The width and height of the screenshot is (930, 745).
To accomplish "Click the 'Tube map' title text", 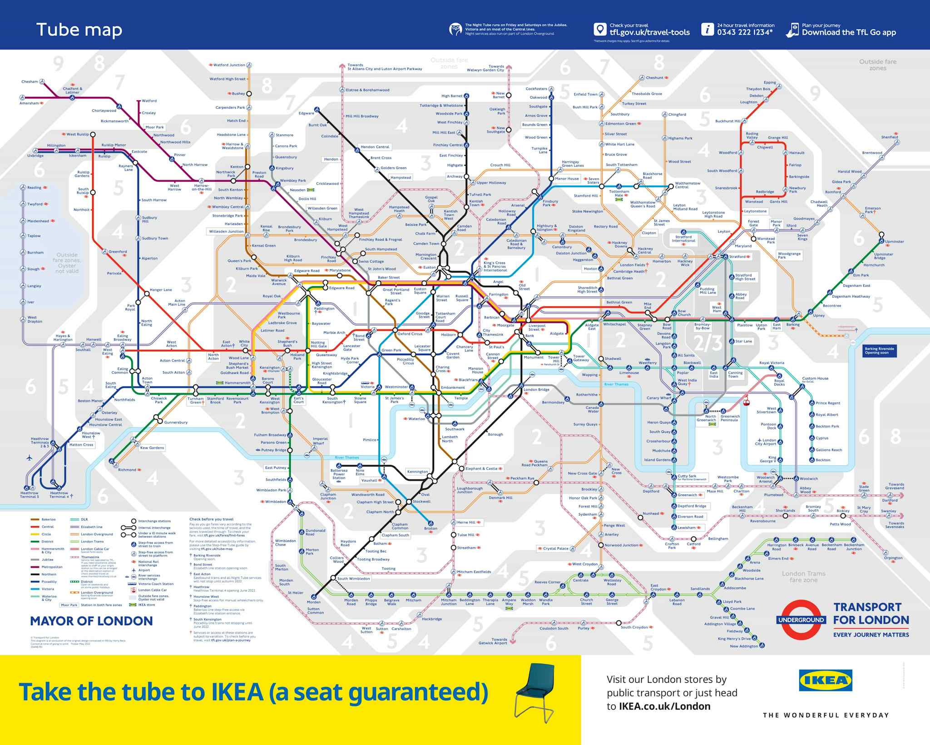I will click(x=79, y=30).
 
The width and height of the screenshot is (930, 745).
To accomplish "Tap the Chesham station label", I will click(x=30, y=82).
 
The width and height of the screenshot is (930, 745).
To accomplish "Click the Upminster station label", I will click(x=894, y=242).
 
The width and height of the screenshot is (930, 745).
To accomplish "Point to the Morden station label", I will click(x=313, y=602).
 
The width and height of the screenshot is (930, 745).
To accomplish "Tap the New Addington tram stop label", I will click(x=744, y=646).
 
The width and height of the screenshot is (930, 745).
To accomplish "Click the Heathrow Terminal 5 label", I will click(x=29, y=495).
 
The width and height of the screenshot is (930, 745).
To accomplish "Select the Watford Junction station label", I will click(x=229, y=65).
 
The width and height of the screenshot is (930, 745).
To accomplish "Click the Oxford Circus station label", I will click(x=410, y=334).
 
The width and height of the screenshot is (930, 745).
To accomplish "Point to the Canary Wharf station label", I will click(x=658, y=398).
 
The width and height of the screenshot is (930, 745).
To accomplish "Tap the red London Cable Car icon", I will click(x=745, y=402).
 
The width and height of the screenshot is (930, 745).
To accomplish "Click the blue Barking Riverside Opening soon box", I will click(x=879, y=350).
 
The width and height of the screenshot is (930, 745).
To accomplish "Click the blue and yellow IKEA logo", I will click(x=825, y=680).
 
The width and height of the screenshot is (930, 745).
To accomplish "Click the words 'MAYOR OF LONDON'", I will click(x=91, y=621).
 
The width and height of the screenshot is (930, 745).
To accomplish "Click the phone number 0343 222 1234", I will click(x=744, y=32).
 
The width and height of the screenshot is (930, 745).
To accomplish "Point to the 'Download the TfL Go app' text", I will click(x=849, y=32).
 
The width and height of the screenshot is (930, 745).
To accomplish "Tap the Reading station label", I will click(x=34, y=188).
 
